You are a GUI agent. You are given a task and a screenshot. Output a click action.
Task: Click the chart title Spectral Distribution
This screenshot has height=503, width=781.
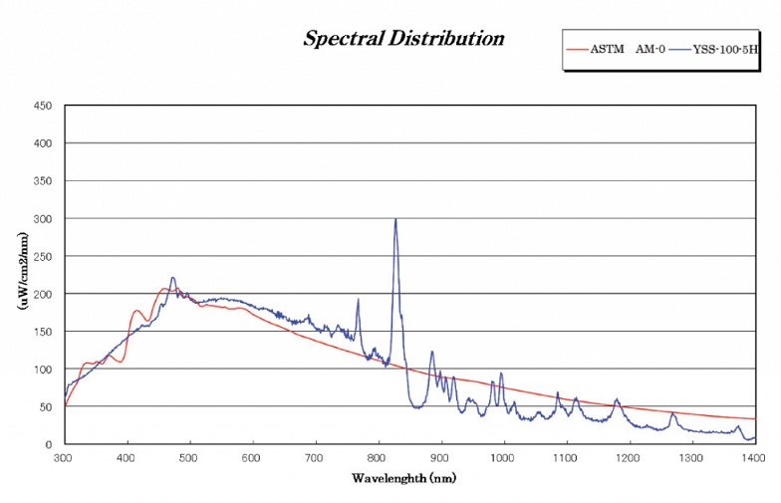coord(403,39)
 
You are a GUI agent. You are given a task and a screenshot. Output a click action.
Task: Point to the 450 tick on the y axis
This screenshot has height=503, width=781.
coord(43,106)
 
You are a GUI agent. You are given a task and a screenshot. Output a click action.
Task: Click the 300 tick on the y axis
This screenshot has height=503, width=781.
coord(43,218)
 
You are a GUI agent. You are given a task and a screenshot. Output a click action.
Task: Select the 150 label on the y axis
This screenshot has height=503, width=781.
coord(43,332)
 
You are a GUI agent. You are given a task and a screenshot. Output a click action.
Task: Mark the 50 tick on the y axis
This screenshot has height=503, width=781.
coord(46,406)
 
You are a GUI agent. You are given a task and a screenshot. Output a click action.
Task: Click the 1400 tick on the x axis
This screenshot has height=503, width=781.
coord(755,458)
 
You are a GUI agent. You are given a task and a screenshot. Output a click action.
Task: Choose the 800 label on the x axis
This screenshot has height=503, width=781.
coord(379,458)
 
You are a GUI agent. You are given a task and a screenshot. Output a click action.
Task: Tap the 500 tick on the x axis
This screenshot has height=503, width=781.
coord(189,458)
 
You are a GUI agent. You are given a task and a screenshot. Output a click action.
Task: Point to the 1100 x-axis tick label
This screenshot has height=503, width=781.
coord(567,458)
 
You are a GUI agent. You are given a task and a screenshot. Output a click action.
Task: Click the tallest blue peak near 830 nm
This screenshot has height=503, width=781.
coord(395,220)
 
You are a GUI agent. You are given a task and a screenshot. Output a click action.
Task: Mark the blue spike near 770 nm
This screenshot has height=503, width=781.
coord(358,300)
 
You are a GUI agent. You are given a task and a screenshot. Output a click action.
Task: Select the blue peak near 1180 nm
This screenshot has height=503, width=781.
coord(617,400)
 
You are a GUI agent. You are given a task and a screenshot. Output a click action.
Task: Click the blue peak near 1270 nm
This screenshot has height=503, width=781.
coord(672,412)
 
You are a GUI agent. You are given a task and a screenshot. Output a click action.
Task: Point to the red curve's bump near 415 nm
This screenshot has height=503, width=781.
coord(136,311)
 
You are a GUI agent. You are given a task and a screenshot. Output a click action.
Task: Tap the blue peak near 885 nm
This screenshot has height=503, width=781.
coord(431,352)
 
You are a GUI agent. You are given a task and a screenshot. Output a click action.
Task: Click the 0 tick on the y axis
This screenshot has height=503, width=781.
coord(49,444)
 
